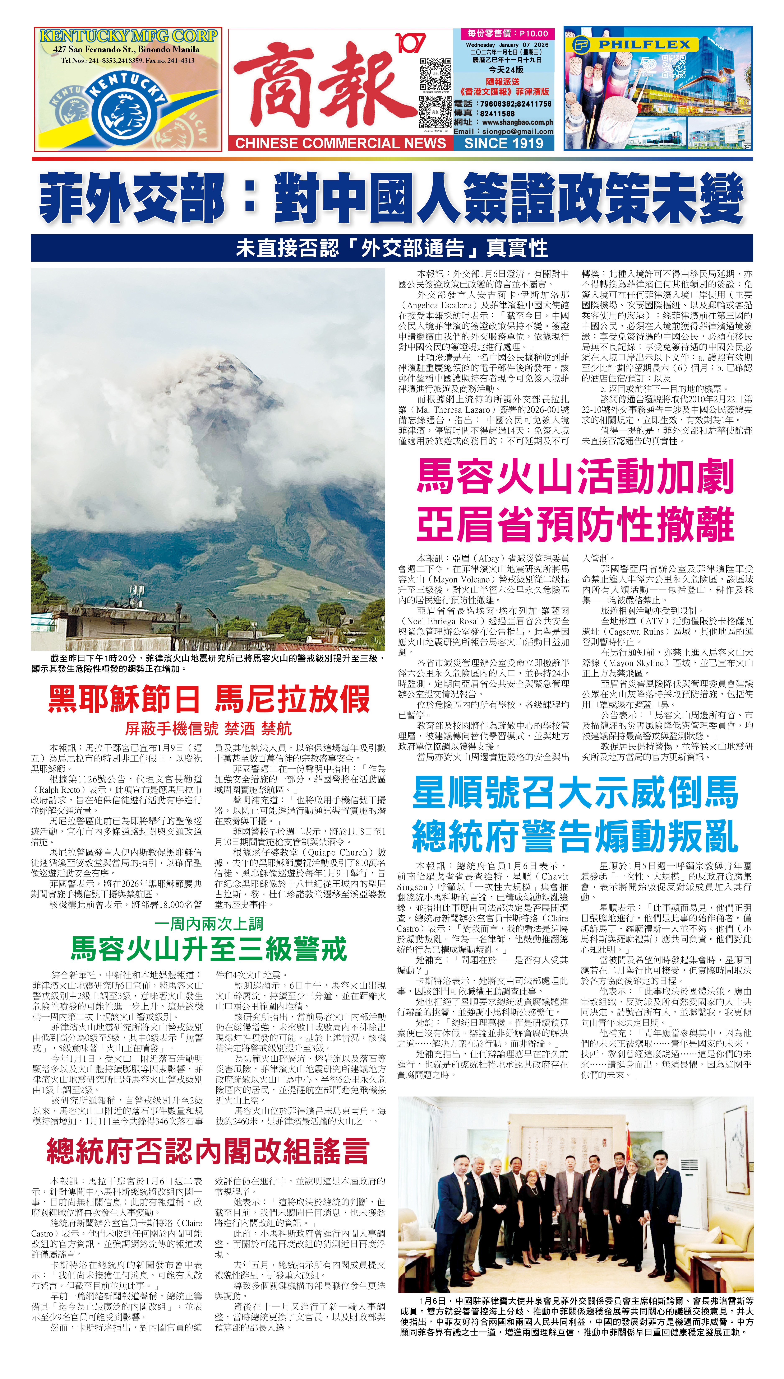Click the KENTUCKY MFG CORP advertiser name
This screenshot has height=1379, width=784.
(128, 36)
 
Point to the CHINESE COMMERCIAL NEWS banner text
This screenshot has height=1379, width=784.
(340, 143)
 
